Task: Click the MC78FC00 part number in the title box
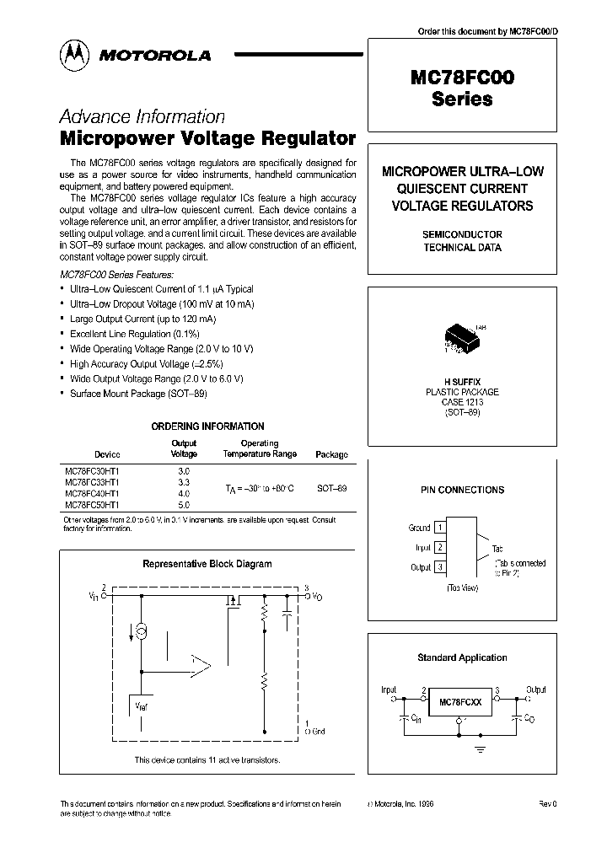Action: click(x=462, y=78)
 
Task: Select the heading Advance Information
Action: click(x=142, y=117)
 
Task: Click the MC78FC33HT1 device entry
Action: click(x=92, y=482)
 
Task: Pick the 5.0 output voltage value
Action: click(x=185, y=504)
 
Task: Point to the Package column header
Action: click(x=331, y=454)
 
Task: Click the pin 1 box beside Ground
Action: click(x=439, y=528)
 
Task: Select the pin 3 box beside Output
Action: click(x=439, y=567)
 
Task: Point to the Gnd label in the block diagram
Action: click(x=318, y=732)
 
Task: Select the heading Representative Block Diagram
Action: click(x=207, y=564)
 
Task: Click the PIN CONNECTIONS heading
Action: click(x=462, y=490)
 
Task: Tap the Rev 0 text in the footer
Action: click(x=548, y=804)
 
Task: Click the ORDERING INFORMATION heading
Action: click(x=207, y=426)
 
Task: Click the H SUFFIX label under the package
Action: click(x=462, y=382)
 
